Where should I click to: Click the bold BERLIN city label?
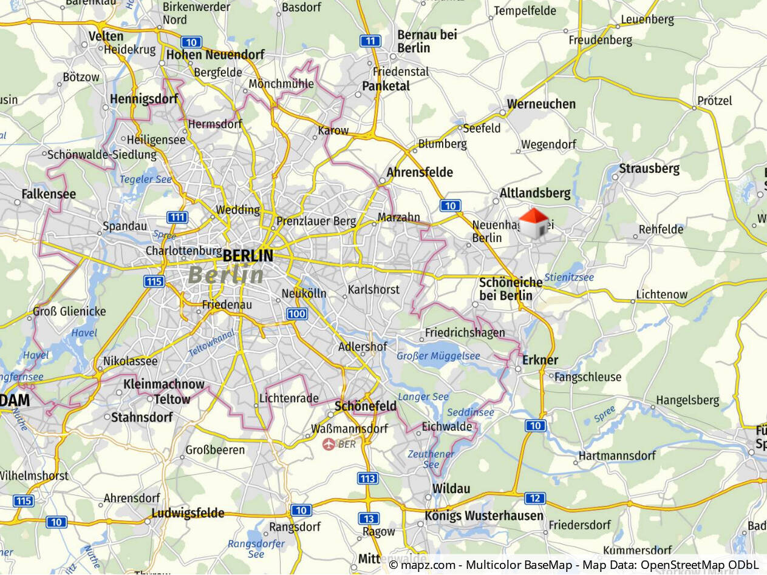coord(248,256)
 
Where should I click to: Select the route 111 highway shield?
coord(177,218)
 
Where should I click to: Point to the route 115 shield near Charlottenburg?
coord(154,281)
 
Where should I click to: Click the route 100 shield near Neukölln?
coord(296,314)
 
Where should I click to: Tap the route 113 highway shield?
coord(367,479)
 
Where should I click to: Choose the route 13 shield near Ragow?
coord(369,519)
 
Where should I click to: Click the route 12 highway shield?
coord(535,499)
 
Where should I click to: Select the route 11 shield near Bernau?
coord(370,41)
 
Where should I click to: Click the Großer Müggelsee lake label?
coord(438,356)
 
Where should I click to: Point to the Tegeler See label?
coord(146,180)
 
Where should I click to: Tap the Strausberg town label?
coord(649,169)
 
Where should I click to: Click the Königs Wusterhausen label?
coord(484,516)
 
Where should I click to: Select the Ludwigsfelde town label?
coord(188,513)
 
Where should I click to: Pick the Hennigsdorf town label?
coord(144,99)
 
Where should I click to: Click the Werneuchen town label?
coord(541,104)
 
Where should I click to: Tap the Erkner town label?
coord(540,360)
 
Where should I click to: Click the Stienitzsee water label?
coord(569,278)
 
